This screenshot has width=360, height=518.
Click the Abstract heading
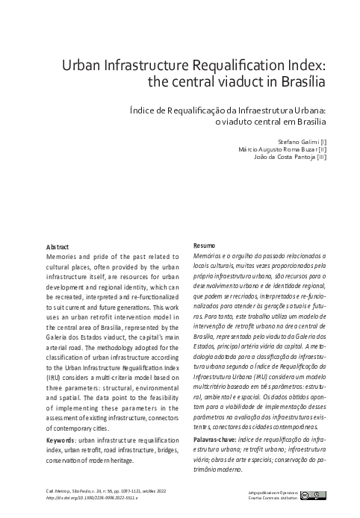[x=58, y=246]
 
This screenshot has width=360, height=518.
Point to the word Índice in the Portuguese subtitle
[x=140, y=109]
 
